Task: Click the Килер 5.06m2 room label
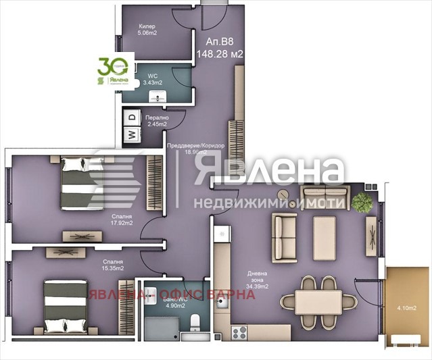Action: pyautogui.click(x=147, y=28)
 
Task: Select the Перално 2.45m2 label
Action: pyautogui.click(x=156, y=120)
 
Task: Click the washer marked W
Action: pyautogui.click(x=131, y=135)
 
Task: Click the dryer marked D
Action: pyautogui.click(x=131, y=118)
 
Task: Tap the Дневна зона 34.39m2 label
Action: pyautogui.click(x=258, y=278)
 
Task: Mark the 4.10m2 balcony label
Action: pyautogui.click(x=406, y=309)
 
